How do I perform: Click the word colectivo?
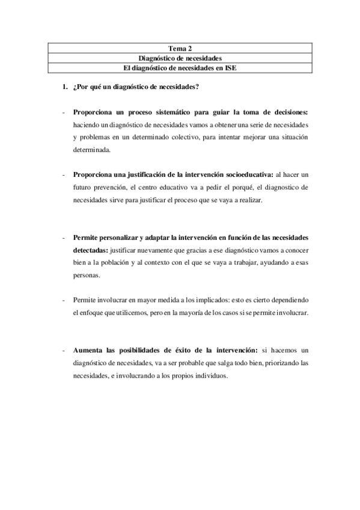point(178,138)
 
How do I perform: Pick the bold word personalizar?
point(124,236)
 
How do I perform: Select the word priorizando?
point(276,363)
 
